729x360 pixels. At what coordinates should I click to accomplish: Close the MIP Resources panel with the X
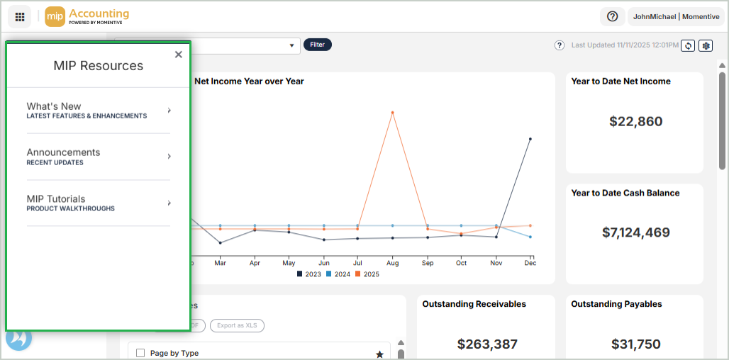(x=178, y=55)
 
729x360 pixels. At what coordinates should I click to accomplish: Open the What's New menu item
(x=98, y=111)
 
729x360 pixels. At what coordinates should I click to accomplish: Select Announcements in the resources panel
(x=98, y=157)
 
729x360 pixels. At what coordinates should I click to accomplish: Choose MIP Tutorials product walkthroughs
(x=98, y=203)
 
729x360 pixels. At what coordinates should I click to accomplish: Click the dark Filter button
(x=317, y=45)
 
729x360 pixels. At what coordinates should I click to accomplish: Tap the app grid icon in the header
(x=19, y=16)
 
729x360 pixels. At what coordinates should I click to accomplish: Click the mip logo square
(x=55, y=16)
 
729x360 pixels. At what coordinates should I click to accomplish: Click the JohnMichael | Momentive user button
(x=675, y=16)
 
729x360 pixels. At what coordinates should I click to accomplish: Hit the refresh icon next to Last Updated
(x=687, y=45)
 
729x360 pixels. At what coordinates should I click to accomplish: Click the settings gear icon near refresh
(x=705, y=45)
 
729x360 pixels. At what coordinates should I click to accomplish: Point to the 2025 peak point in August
(x=392, y=112)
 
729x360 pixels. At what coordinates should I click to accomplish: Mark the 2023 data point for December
(x=530, y=139)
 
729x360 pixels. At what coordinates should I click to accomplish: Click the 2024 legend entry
(x=338, y=274)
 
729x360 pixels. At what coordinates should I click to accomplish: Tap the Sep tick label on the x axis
(x=427, y=263)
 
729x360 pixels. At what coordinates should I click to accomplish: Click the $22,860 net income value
(x=635, y=121)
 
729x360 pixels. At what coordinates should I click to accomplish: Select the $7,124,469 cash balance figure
(x=635, y=232)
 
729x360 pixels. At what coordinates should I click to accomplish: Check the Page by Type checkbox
(x=140, y=353)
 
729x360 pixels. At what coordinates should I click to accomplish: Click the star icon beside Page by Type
(x=379, y=354)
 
